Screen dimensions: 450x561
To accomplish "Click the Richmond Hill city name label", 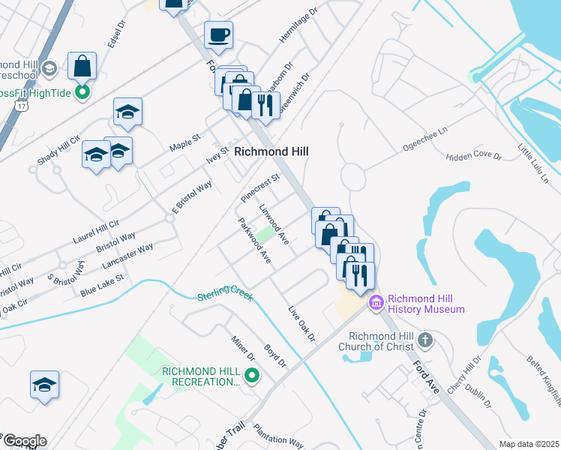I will [271, 151].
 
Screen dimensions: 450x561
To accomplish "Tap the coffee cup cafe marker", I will [218, 34].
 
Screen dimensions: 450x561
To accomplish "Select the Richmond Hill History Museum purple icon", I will [376, 303].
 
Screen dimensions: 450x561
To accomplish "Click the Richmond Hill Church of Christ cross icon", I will [424, 340].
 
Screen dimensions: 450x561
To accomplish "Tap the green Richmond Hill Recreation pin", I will [252, 376].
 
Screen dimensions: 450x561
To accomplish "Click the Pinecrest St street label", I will [259, 187].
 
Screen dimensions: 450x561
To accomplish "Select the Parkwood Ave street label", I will [254, 240].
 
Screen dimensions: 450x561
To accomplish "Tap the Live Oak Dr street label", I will [302, 323].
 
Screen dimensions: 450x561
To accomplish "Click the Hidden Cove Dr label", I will [472, 155].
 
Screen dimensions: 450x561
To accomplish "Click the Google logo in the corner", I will [24, 440].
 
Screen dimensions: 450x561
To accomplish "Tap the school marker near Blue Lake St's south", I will [44, 385].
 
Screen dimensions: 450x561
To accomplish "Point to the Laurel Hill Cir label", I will [96, 224].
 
